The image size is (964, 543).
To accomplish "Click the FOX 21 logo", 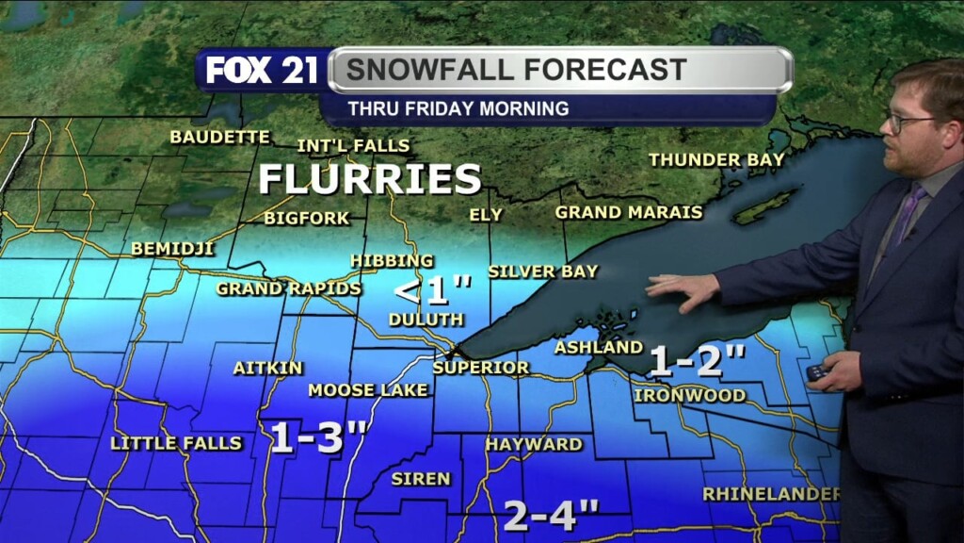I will [x=261, y=71].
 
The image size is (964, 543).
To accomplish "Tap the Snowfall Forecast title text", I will [x=516, y=70].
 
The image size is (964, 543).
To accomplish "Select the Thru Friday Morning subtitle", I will [x=458, y=108].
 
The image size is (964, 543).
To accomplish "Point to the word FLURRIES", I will [x=370, y=179].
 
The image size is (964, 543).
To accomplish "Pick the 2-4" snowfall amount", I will [x=552, y=515].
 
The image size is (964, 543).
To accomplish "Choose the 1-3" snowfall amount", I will [x=318, y=437].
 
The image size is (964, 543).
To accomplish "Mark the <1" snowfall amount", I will [x=431, y=289].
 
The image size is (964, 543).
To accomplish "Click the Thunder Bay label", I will [x=716, y=160].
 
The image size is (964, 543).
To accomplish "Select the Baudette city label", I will [x=219, y=137].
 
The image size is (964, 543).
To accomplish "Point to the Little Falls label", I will [x=176, y=443].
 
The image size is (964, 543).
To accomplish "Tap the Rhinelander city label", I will [x=771, y=494].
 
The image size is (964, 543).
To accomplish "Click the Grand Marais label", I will [x=628, y=212].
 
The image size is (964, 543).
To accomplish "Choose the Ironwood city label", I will [x=689, y=395].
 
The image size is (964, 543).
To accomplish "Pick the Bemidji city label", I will [x=172, y=249].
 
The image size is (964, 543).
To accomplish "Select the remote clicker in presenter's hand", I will [x=816, y=372].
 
